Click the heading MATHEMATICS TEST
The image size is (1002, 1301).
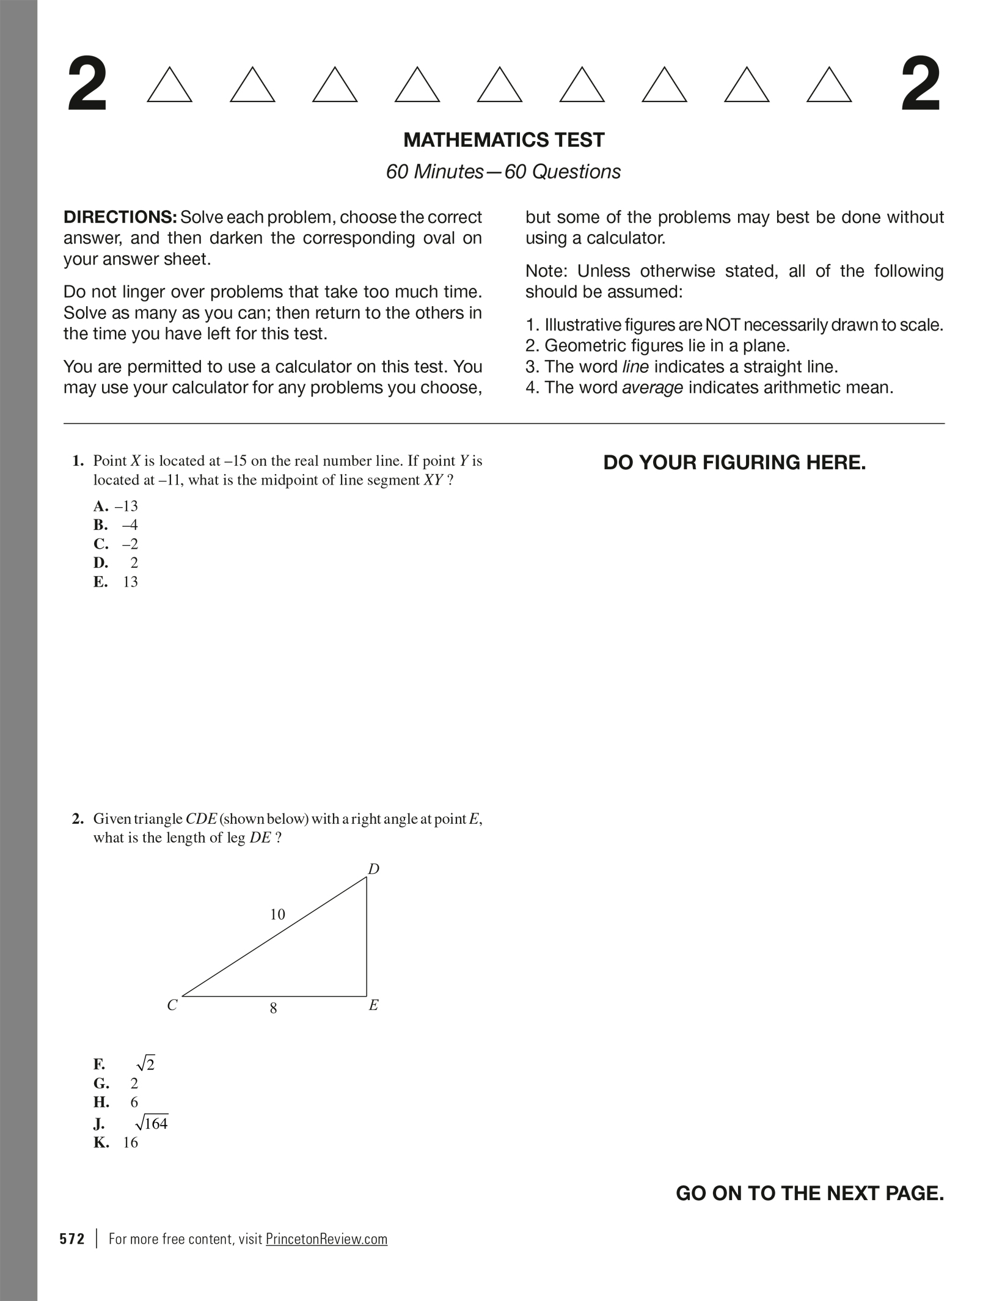(x=503, y=140)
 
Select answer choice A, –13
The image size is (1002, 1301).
(x=116, y=506)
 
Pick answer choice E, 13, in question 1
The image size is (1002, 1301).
(x=116, y=582)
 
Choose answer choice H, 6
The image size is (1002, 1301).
(x=116, y=1102)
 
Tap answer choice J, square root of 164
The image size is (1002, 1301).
(x=131, y=1123)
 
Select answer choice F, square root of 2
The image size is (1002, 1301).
(x=125, y=1065)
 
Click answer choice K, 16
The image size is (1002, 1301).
(x=116, y=1143)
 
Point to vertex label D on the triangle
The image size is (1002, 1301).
(x=373, y=869)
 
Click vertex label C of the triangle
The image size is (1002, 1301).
(x=172, y=1005)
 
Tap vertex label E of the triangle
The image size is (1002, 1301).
(x=373, y=1005)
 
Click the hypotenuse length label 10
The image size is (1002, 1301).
(x=277, y=914)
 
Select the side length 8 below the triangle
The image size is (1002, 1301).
(x=273, y=1008)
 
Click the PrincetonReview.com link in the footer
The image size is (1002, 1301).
(x=326, y=1239)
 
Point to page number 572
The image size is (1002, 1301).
(x=72, y=1239)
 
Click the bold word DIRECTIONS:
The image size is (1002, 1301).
(x=120, y=217)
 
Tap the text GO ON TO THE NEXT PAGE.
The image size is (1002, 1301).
(x=810, y=1193)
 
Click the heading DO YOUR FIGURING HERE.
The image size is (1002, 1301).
(x=734, y=463)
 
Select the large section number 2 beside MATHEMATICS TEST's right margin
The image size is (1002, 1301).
(x=921, y=86)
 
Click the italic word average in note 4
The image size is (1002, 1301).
(x=652, y=387)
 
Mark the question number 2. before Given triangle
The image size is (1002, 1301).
(x=78, y=819)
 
